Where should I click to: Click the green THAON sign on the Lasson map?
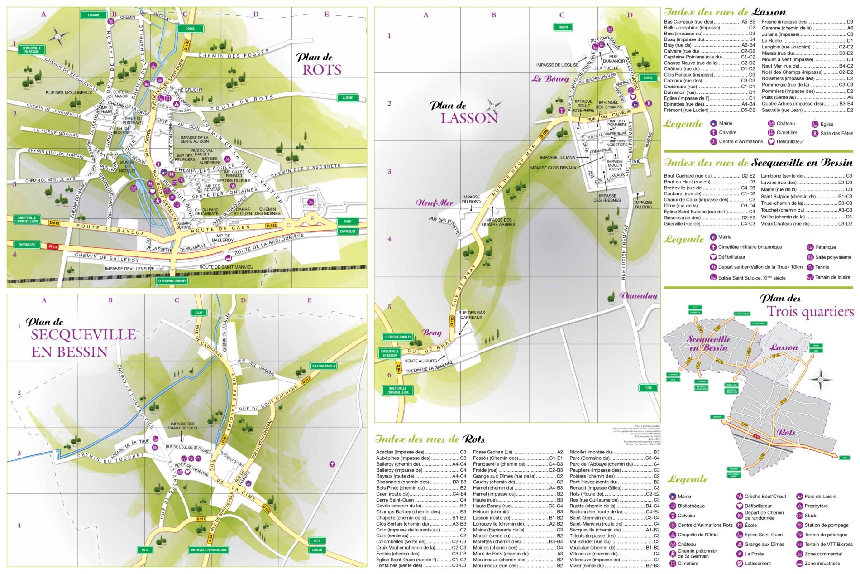point(563,27)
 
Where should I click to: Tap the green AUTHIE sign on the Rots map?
point(347,98)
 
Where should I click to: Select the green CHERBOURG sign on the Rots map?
point(27,245)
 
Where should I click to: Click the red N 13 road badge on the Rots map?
point(53,246)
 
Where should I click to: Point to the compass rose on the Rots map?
point(58,35)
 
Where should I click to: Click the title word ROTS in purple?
point(321,70)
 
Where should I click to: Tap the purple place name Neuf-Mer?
point(434,203)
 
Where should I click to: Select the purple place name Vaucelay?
point(638,296)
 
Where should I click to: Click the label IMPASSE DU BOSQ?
point(471,199)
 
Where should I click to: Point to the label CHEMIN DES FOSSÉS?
point(233,55)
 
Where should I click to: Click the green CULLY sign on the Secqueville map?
point(199,313)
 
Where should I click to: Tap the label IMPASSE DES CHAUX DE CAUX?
point(182,426)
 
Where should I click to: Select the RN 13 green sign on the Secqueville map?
point(145,550)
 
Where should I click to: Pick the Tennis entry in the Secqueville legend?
point(822,267)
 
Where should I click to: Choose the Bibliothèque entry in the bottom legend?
point(691,506)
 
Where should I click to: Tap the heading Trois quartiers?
point(810,312)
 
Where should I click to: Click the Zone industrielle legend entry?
point(822,564)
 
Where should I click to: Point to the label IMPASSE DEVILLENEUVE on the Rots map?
point(129,269)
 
